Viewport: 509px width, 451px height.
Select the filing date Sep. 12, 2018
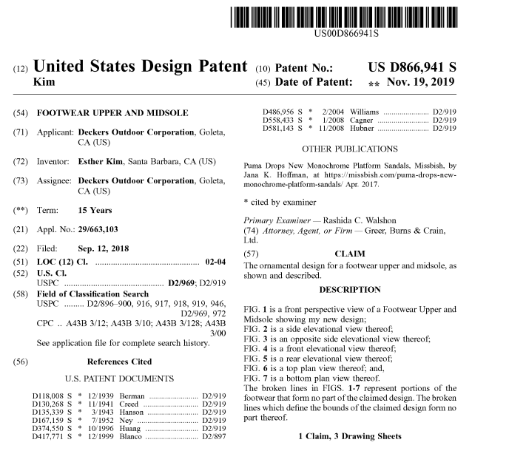pyautogui.click(x=103, y=248)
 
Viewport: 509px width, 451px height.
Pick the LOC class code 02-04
pyautogui.click(x=212, y=263)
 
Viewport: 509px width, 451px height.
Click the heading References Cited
pyautogui.click(x=119, y=362)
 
